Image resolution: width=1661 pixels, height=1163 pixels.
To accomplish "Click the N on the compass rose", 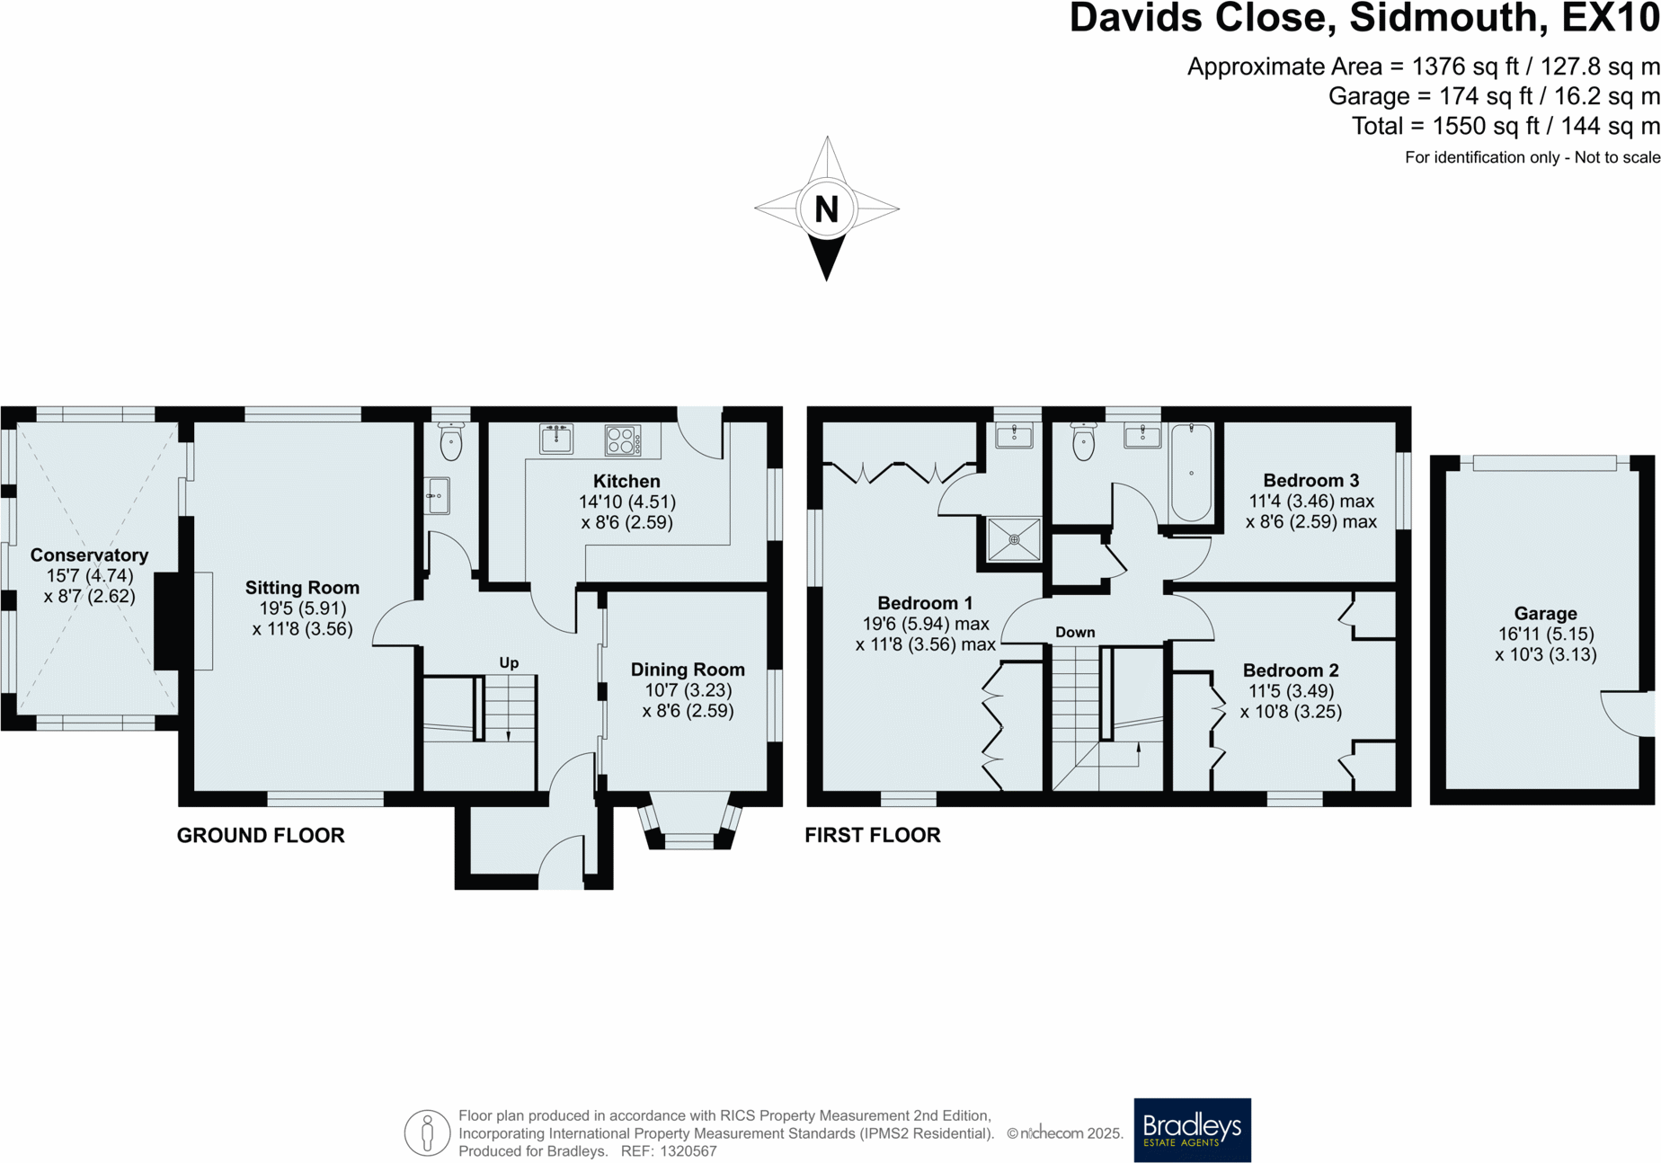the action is (x=826, y=209).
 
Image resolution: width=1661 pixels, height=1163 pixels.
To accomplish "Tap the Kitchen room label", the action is (x=626, y=482).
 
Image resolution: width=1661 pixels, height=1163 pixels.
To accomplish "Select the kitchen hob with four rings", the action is (x=623, y=440).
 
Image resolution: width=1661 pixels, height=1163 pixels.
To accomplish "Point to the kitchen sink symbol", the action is (x=556, y=439).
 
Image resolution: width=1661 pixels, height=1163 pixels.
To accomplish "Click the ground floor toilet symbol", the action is (x=451, y=439).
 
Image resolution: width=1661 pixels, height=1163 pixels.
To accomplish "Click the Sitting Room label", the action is (x=302, y=588).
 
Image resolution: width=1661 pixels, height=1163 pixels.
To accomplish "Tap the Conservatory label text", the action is (x=89, y=555).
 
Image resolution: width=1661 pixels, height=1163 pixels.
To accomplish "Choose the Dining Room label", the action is (x=688, y=670).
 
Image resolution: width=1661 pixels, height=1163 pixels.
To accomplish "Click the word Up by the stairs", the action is (x=509, y=663).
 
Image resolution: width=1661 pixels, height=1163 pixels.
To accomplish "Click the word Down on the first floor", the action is (x=1075, y=633).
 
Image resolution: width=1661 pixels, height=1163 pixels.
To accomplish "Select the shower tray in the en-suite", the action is (x=1014, y=539).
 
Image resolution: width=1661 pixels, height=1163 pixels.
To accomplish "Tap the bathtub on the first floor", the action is (x=1191, y=473).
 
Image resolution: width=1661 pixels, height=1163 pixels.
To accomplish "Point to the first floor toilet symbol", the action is (x=1084, y=440).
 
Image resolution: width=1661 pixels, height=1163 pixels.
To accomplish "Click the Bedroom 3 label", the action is (x=1310, y=481).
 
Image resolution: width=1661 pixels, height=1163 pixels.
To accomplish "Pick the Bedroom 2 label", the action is (x=1291, y=670).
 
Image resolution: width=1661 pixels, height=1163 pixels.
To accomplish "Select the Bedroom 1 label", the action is (x=925, y=603).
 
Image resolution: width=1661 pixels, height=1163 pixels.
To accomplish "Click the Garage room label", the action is (x=1545, y=614).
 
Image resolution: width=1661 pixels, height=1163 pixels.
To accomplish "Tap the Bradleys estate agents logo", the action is (x=1192, y=1130).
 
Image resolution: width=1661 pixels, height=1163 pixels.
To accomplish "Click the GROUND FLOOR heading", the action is (x=261, y=836).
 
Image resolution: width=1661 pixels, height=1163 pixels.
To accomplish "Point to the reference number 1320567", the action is (x=688, y=1151).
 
